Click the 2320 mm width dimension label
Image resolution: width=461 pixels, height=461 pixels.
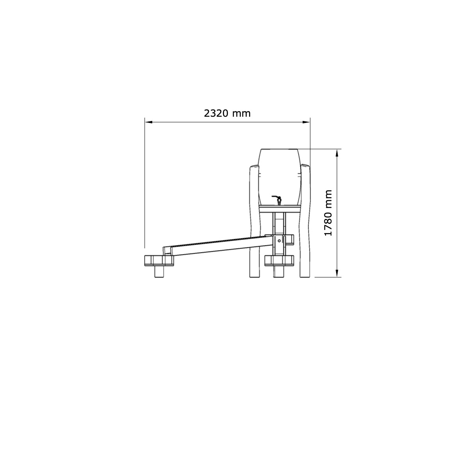pos(227,113)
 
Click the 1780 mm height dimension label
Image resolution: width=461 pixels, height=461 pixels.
pos(328,213)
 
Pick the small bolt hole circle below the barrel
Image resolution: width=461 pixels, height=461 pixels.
pos(279,240)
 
